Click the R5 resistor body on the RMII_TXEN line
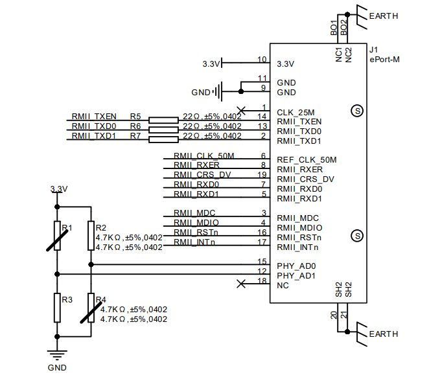coord(163,120)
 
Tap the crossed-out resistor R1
coord(56,236)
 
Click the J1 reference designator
coord(374,50)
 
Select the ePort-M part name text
coord(385,60)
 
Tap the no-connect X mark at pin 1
coord(241,109)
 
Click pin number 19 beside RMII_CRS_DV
coord(262,175)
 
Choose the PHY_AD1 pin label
coord(296,275)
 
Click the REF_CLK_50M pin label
coord(307,160)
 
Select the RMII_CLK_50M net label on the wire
coord(203,156)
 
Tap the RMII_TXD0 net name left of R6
coord(94,126)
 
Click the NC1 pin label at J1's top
coord(339,54)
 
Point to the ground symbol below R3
coord(57,354)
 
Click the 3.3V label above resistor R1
coord(59,189)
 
